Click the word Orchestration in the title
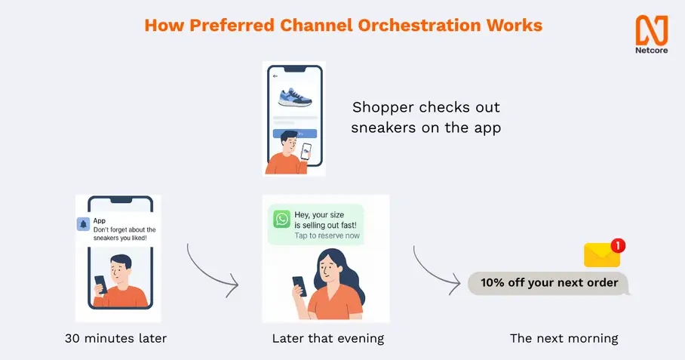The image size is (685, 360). pos(419,26)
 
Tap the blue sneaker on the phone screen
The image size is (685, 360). pos(295,97)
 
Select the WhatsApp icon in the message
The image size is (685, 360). pos(282,219)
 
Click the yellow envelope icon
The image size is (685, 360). pos(602,255)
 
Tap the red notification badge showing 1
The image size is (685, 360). pos(618,246)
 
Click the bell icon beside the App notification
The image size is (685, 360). pos(83,224)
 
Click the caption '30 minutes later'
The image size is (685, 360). pos(115,338)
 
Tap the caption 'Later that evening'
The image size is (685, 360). pos(328,338)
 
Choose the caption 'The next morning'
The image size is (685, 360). pos(564,338)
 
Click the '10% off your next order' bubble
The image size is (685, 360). pos(548,283)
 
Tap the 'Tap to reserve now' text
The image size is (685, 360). pos(327,236)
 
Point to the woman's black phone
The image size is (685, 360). pos(299,286)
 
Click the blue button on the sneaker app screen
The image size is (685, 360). pos(295,134)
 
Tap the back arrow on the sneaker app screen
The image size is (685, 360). pos(275,76)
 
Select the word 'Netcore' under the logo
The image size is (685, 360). pos(651,51)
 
